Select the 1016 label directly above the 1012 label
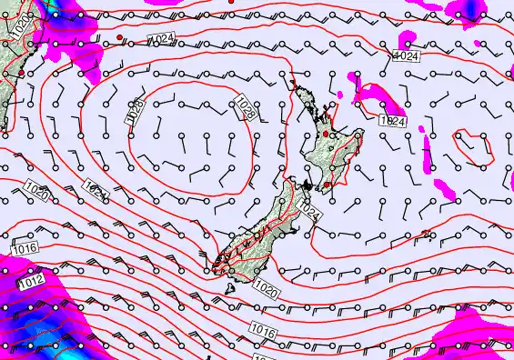(x=25, y=247)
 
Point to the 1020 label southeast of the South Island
(x=266, y=290)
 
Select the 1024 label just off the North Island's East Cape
(x=392, y=121)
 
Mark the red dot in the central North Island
(x=326, y=135)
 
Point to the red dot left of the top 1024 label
(x=120, y=36)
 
